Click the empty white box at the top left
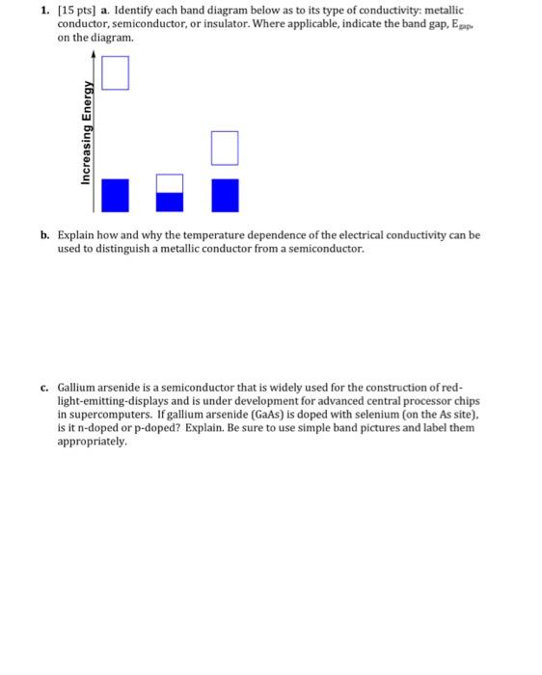pos(115,73)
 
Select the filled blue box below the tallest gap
pos(115,194)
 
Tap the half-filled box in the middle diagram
pos(170,193)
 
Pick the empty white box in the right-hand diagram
pos(225,148)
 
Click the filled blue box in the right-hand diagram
pos(225,194)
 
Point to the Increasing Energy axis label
pos(87,131)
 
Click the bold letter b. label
pos(45,234)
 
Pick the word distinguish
pos(120,248)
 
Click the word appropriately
pos(92,441)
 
